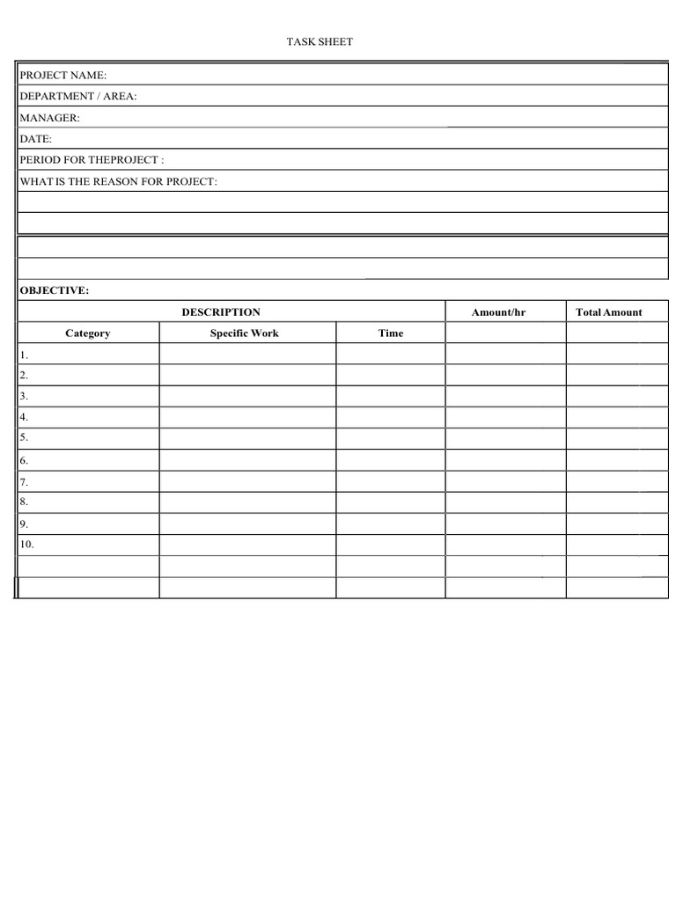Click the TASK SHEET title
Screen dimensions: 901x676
[320, 41]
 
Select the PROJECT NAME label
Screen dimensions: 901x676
[62, 76]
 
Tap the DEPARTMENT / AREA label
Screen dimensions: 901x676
[77, 97]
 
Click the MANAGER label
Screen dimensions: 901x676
[49, 118]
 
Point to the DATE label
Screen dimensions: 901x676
[36, 139]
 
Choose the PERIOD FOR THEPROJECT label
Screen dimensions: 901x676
[92, 160]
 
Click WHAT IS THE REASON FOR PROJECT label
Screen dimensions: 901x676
[118, 181]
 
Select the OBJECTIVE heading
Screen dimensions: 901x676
[54, 290]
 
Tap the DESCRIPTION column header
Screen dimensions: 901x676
[221, 312]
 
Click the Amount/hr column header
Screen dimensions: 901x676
[498, 312]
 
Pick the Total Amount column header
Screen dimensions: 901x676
[608, 312]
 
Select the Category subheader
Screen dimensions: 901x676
[88, 333]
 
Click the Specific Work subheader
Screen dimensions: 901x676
[244, 333]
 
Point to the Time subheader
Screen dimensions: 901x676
[391, 333]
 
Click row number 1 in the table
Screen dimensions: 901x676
[25, 355]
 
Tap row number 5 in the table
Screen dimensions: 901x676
[25, 437]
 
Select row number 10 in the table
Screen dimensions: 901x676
[27, 545]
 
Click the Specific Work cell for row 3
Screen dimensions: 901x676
[247, 396]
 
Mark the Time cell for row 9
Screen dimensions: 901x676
[391, 524]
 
